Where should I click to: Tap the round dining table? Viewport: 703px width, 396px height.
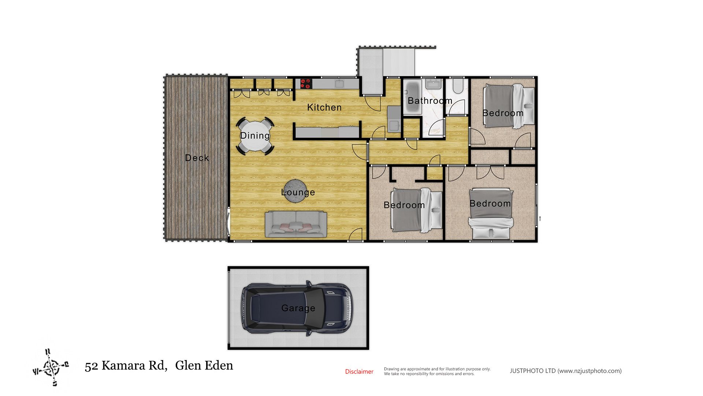(x=255, y=136)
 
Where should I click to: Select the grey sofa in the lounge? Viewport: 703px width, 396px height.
(x=296, y=224)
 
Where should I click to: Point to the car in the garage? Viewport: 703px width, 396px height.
(x=297, y=308)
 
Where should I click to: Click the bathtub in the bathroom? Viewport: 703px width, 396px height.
(x=412, y=96)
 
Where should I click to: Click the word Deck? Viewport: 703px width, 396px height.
(x=197, y=158)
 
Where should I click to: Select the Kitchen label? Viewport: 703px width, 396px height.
(x=324, y=107)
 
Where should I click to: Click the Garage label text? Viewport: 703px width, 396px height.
(x=298, y=308)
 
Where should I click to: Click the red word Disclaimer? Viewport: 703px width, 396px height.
(x=359, y=371)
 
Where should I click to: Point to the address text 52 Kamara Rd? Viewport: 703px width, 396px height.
(x=126, y=366)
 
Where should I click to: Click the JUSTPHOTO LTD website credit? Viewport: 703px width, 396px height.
(x=566, y=371)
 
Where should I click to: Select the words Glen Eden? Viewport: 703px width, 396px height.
(x=204, y=366)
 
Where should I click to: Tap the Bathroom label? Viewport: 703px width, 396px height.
(x=430, y=101)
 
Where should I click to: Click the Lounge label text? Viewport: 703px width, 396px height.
(x=298, y=192)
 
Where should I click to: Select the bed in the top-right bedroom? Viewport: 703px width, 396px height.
(x=509, y=106)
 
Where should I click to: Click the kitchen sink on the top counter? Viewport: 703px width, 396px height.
(x=339, y=84)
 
